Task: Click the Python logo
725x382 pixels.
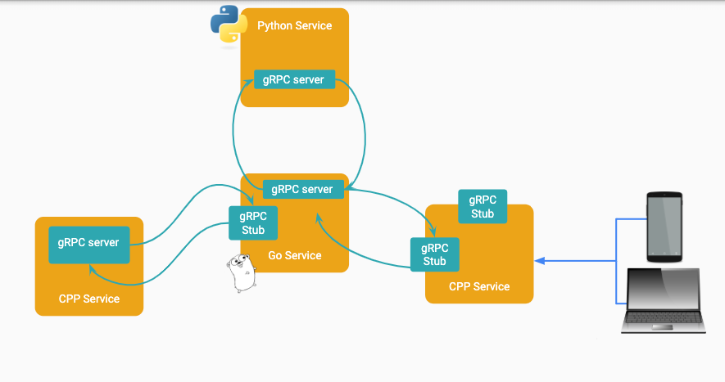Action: coord(229,25)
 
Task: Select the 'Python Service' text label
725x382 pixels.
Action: coord(294,25)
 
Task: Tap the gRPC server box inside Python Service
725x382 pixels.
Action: coord(294,80)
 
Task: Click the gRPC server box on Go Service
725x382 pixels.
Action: coord(302,189)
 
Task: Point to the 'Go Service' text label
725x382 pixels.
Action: coord(294,256)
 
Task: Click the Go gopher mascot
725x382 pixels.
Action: coord(241,274)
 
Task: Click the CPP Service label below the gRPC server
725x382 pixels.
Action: coord(89,299)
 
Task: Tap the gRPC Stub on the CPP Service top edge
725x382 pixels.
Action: coord(483,207)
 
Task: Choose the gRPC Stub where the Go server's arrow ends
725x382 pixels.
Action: coord(434,254)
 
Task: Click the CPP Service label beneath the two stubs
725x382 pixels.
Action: coord(479,286)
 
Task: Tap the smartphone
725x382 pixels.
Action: coord(664,226)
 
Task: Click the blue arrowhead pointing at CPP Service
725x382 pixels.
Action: coord(539,261)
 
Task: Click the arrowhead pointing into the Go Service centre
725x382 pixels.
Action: coord(316,217)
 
